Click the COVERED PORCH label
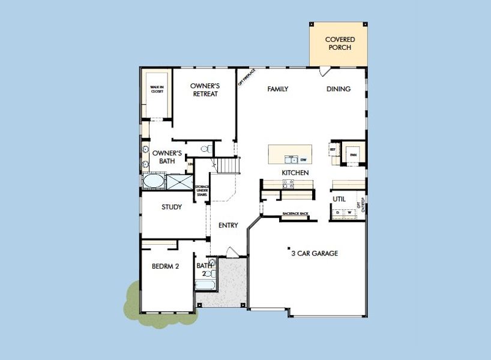(x=339, y=43)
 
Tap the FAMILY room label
(x=278, y=89)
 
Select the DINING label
(x=339, y=89)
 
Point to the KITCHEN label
(x=295, y=173)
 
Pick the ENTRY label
(x=228, y=226)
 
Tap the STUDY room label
(x=172, y=207)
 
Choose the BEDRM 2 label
(x=166, y=266)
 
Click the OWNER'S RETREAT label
(x=204, y=90)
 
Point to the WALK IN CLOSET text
(x=157, y=90)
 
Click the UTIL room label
(x=339, y=199)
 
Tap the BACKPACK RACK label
(x=295, y=214)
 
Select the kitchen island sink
(x=291, y=160)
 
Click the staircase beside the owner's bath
(x=227, y=164)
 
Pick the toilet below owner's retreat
(x=205, y=148)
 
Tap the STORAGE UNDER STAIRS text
(x=202, y=190)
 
